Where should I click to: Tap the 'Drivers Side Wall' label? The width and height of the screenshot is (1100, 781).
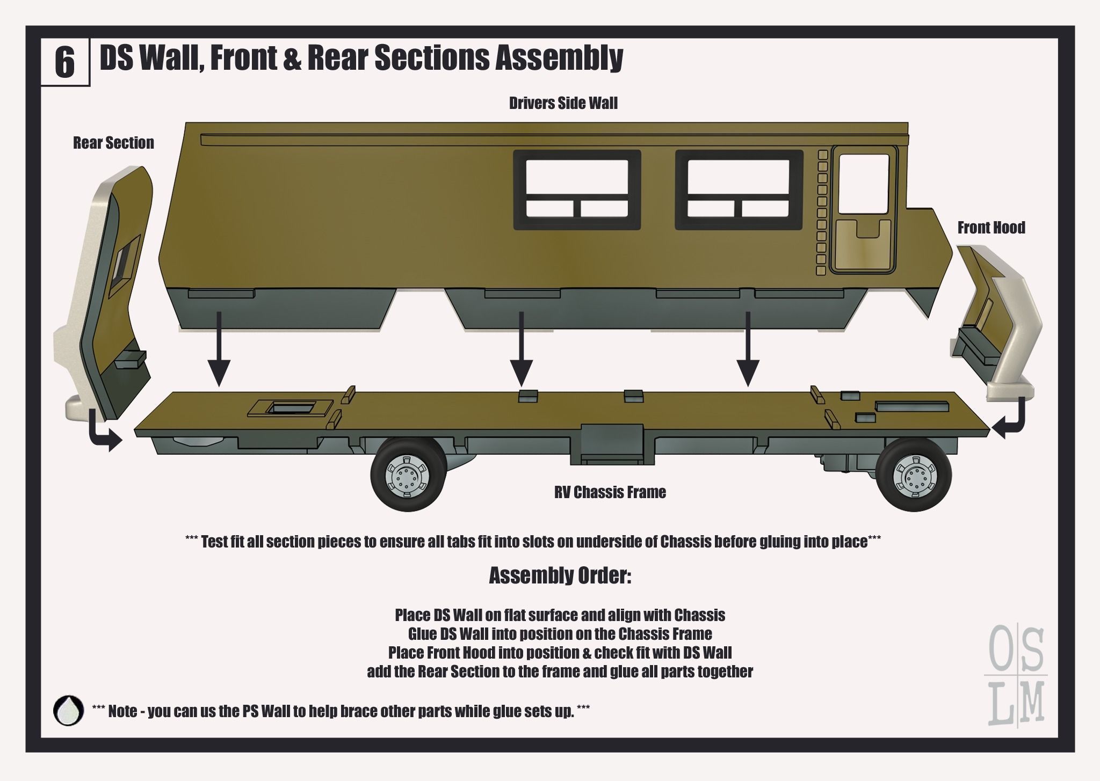(x=563, y=103)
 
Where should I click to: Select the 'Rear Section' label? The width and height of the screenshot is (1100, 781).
(x=113, y=143)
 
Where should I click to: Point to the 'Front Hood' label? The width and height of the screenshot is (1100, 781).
(x=991, y=228)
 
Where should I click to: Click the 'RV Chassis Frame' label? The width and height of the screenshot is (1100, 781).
(x=610, y=492)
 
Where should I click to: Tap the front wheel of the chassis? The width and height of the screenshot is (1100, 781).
(x=914, y=475)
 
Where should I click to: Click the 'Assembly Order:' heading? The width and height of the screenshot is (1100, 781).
(x=560, y=576)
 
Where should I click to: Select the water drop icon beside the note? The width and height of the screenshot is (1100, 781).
(x=69, y=711)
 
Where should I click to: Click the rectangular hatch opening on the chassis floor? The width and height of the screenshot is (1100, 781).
(x=288, y=409)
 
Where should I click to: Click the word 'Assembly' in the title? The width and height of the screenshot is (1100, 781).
(x=559, y=58)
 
